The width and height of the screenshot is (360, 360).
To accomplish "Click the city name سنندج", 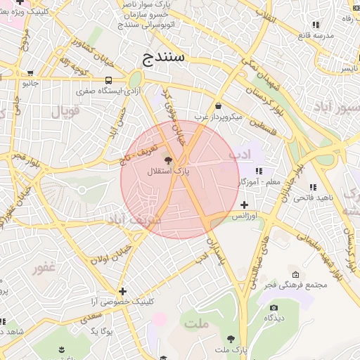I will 162,58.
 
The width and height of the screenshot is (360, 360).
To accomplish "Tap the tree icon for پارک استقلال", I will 167,160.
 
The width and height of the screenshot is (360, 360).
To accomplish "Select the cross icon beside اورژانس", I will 244,205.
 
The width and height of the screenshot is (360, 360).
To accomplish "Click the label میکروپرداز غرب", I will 218,117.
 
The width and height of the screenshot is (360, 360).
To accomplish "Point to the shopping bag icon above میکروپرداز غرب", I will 218,105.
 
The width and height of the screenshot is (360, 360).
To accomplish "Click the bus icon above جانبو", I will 30,72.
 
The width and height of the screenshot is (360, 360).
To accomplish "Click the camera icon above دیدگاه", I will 274,307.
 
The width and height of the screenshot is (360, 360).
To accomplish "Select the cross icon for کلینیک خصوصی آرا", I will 123,290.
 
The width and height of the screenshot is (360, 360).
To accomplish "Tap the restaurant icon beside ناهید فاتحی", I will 313,187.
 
